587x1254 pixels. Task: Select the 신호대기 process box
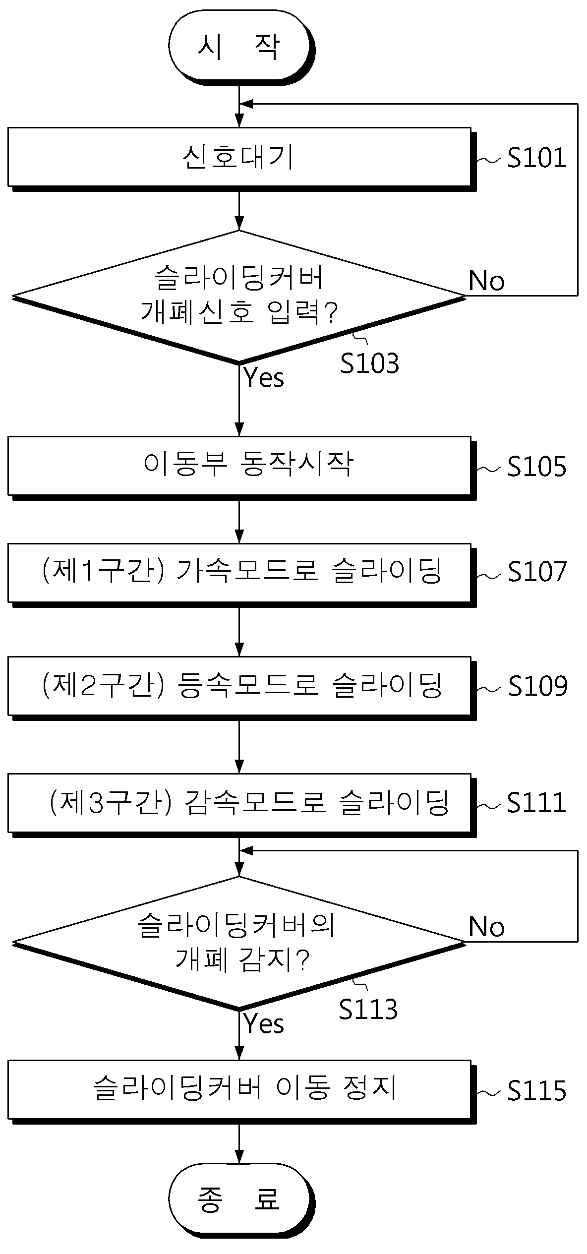(241, 159)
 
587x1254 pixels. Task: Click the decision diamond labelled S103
(239, 297)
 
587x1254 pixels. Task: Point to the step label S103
(369, 363)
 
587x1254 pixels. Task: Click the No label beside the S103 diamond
(487, 281)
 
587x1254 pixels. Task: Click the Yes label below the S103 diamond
(264, 378)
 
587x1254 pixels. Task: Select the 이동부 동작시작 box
(241, 468)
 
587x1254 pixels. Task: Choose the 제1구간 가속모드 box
(241, 575)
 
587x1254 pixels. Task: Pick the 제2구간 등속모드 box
(241, 688)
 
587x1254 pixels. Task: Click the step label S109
(538, 686)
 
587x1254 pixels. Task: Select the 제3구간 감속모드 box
(241, 805)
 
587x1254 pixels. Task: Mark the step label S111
(536, 803)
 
